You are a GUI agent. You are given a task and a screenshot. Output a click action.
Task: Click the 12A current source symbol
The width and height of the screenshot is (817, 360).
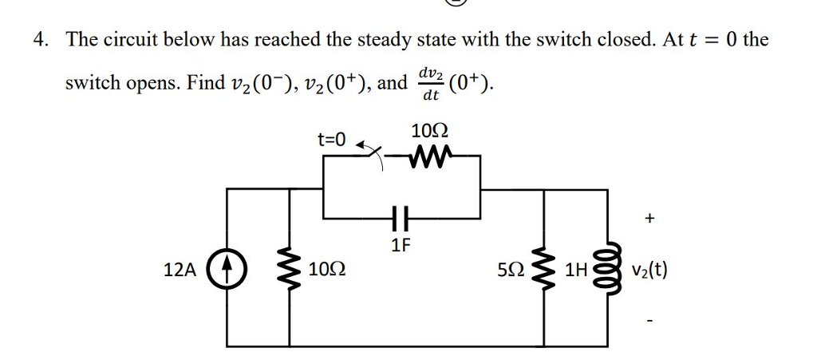pyautogui.click(x=226, y=269)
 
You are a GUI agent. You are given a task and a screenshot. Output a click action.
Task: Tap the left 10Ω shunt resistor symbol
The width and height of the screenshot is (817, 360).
pyautogui.click(x=289, y=269)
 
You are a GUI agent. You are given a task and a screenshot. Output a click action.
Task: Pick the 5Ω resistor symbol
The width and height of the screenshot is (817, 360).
pyautogui.click(x=544, y=269)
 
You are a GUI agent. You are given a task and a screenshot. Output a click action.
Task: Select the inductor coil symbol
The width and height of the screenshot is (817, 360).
pyautogui.click(x=609, y=269)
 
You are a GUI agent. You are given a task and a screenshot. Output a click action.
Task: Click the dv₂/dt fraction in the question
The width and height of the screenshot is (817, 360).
pyautogui.click(x=431, y=84)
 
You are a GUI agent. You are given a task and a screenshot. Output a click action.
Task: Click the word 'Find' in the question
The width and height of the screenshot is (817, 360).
pyautogui.click(x=203, y=83)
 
